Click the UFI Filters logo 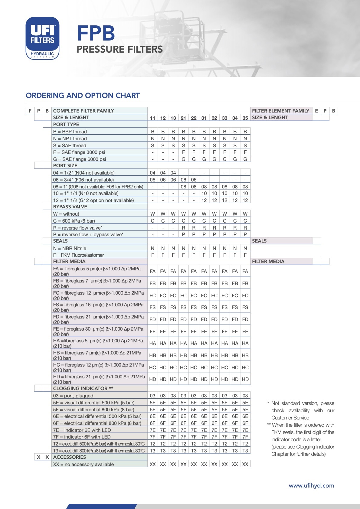pos(42,38)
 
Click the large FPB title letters pos(96,33)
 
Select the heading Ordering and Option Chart pos(83,96)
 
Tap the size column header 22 pos(194,118)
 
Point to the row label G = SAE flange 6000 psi pos(80,159)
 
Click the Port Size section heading pos(65,165)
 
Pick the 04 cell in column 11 pos(152,173)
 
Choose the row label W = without pos(66,214)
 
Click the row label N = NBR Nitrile pos(70,248)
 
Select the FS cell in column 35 pos(245,307)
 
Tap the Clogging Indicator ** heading pos(83,388)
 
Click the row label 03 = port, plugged pos(73,396)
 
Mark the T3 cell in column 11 pos(152,451)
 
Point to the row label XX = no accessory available pos(83,464)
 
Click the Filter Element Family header pos(280,111)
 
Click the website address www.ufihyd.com pos(311,486)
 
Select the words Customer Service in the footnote pos(290,418)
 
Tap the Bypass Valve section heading pos(70,207)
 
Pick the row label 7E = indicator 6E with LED pos(82,430)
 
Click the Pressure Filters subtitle pos(119,49)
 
